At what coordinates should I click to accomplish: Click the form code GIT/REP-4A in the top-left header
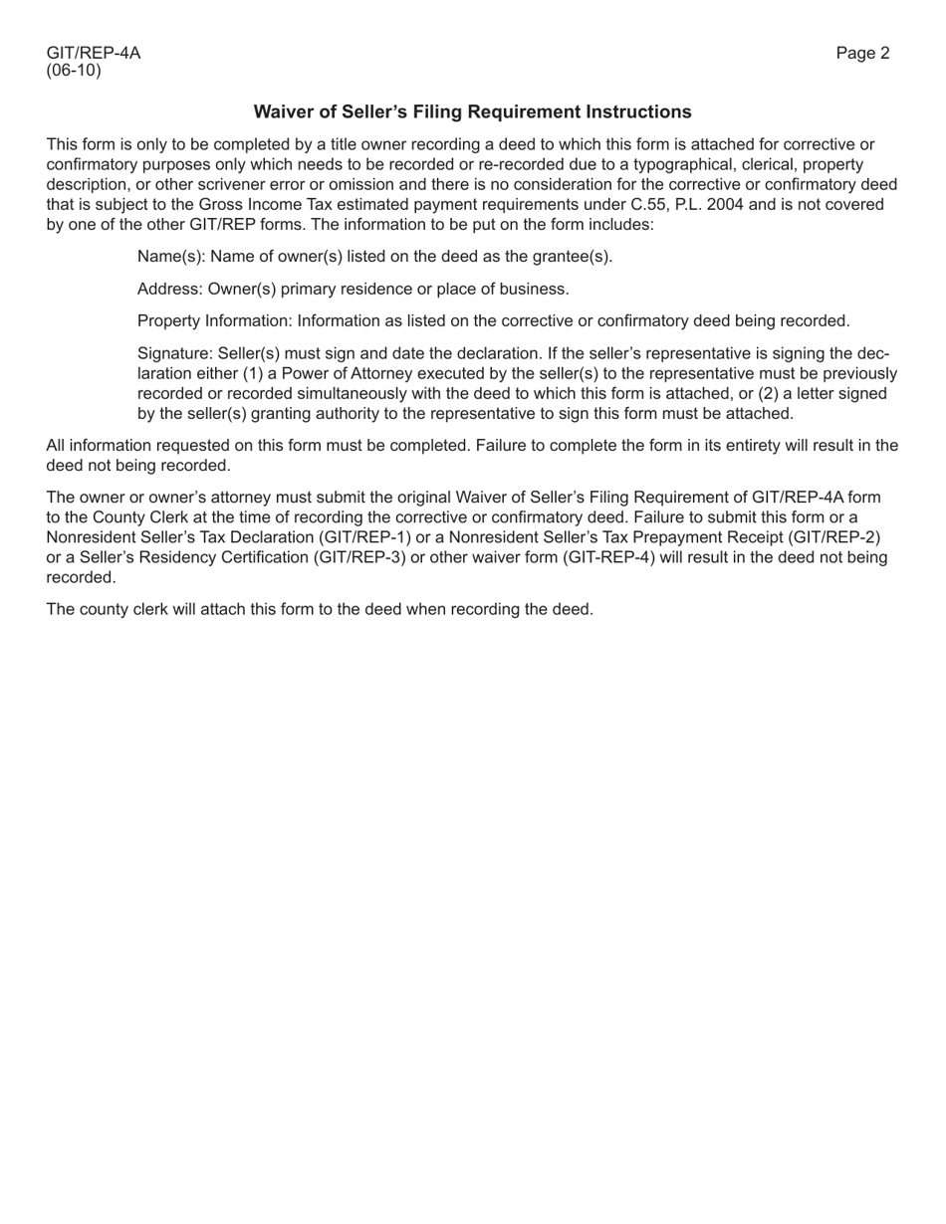click(94, 54)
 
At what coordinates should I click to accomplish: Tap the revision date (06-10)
click(74, 72)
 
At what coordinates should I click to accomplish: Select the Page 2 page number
click(862, 54)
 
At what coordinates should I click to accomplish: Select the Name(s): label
click(171, 257)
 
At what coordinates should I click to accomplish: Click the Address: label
click(169, 290)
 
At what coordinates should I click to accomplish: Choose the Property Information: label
click(215, 321)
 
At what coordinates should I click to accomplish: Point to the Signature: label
click(175, 354)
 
